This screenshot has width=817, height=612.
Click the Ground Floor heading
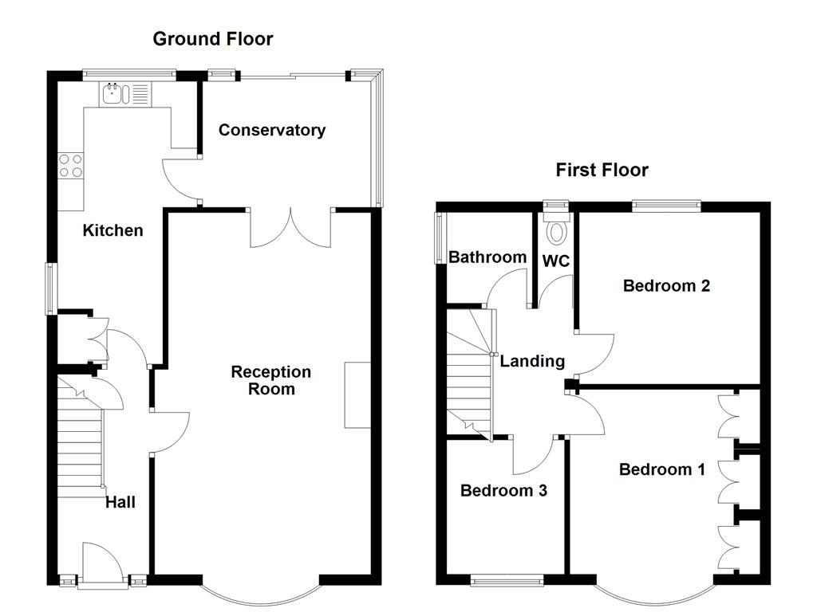point(212,38)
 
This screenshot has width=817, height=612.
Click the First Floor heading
point(602,170)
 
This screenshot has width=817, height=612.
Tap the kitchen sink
point(112,96)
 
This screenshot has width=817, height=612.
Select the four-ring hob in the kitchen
point(70,165)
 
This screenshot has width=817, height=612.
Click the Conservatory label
point(272,130)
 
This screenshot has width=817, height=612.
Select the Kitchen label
point(113,230)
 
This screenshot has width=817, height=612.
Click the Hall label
point(120,502)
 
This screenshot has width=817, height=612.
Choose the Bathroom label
point(487,257)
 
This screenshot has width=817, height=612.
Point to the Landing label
point(532,361)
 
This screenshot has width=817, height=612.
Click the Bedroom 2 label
point(666,285)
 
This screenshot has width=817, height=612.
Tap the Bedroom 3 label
point(503,490)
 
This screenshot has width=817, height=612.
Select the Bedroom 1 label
point(661,469)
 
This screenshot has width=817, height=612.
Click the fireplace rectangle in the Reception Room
point(357,395)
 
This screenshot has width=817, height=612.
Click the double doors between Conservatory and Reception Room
point(291,228)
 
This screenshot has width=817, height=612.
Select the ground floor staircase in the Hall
point(80,446)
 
